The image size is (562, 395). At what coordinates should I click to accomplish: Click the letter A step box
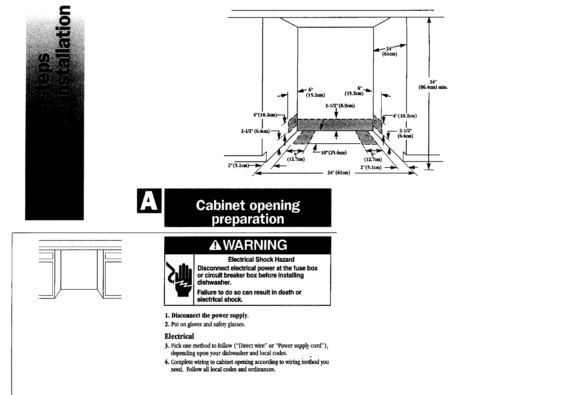pyautogui.click(x=149, y=201)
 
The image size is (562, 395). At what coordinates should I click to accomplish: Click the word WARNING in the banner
pyautogui.click(x=255, y=245)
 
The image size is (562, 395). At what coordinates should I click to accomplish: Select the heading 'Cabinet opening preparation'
pyautogui.click(x=248, y=212)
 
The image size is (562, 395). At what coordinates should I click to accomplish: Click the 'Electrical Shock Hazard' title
pyautogui.click(x=261, y=259)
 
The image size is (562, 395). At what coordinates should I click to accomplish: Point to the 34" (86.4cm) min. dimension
pyautogui.click(x=432, y=84)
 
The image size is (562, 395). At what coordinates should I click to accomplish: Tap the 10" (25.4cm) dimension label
pyautogui.click(x=334, y=153)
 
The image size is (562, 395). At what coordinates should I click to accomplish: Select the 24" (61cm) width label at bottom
pyautogui.click(x=339, y=173)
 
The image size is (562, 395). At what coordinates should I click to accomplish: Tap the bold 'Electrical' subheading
pyautogui.click(x=179, y=336)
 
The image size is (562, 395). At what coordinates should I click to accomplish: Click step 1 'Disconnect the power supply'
pyautogui.click(x=207, y=316)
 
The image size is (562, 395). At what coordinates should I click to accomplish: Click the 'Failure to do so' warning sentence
pyautogui.click(x=249, y=296)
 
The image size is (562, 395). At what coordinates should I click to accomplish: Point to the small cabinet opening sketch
pyautogui.click(x=80, y=269)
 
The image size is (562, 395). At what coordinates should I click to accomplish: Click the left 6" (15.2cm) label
pyautogui.click(x=315, y=93)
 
